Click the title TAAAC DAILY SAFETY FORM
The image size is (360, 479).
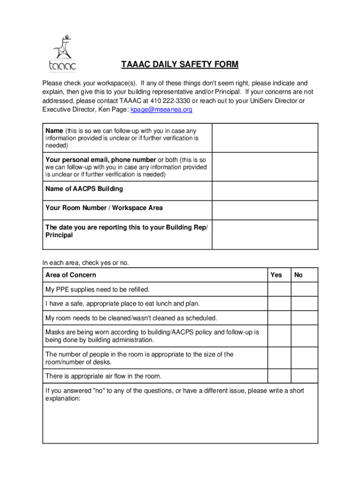(x=180, y=64)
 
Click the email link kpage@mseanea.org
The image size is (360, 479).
(x=161, y=109)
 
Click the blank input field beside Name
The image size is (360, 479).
(x=265, y=138)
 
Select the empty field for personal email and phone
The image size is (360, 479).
(x=265, y=167)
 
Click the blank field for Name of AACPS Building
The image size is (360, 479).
(x=265, y=191)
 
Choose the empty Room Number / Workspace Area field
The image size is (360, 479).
(x=265, y=210)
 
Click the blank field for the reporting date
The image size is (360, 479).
(x=265, y=234)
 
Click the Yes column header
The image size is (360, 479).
(x=276, y=275)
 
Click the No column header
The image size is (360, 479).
(x=298, y=275)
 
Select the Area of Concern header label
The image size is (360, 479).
(x=71, y=275)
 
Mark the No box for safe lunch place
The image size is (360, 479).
(x=304, y=304)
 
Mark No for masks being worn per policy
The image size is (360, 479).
(x=304, y=336)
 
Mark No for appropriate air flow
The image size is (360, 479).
(x=304, y=376)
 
